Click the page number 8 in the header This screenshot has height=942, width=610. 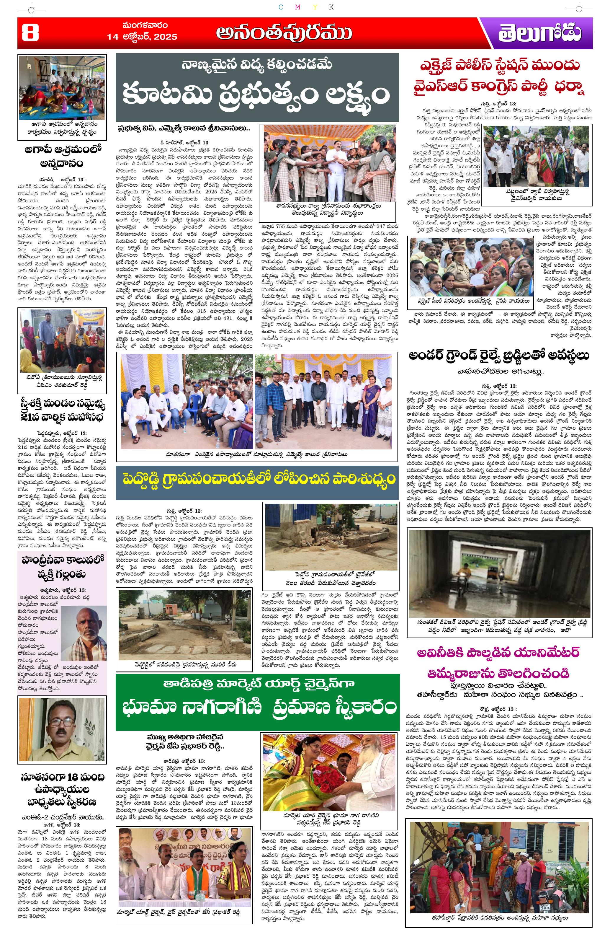pyautogui.click(x=30, y=33)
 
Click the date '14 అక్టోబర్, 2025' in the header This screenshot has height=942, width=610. pyautogui.click(x=142, y=37)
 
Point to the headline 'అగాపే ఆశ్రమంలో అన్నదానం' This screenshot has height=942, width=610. pyautogui.click(x=62, y=156)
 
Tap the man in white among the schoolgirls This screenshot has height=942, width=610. pyautogui.click(x=333, y=166)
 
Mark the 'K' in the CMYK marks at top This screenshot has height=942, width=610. pyautogui.click(x=331, y=7)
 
